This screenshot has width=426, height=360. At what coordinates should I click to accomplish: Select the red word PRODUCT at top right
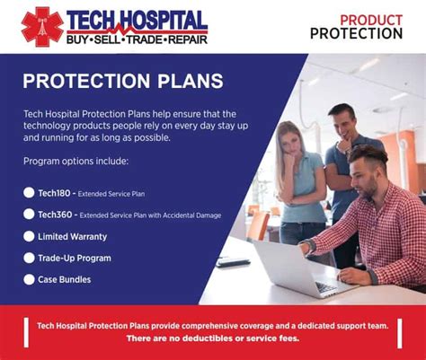click(x=370, y=19)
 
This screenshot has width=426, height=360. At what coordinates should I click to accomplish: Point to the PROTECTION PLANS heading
click(x=123, y=81)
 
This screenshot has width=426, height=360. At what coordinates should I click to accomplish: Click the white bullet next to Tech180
click(x=29, y=193)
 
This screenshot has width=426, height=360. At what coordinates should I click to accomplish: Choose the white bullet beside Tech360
click(x=29, y=215)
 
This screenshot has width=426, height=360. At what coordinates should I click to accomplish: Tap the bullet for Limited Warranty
click(x=29, y=236)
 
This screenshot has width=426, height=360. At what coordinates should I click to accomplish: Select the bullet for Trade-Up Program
click(x=29, y=258)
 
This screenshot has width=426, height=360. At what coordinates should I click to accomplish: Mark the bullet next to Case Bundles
click(x=29, y=279)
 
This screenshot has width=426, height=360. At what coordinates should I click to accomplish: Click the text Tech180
click(x=53, y=193)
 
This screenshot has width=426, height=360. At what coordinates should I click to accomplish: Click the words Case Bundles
click(x=64, y=279)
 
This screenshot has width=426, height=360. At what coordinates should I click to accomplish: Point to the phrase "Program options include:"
click(x=76, y=162)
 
